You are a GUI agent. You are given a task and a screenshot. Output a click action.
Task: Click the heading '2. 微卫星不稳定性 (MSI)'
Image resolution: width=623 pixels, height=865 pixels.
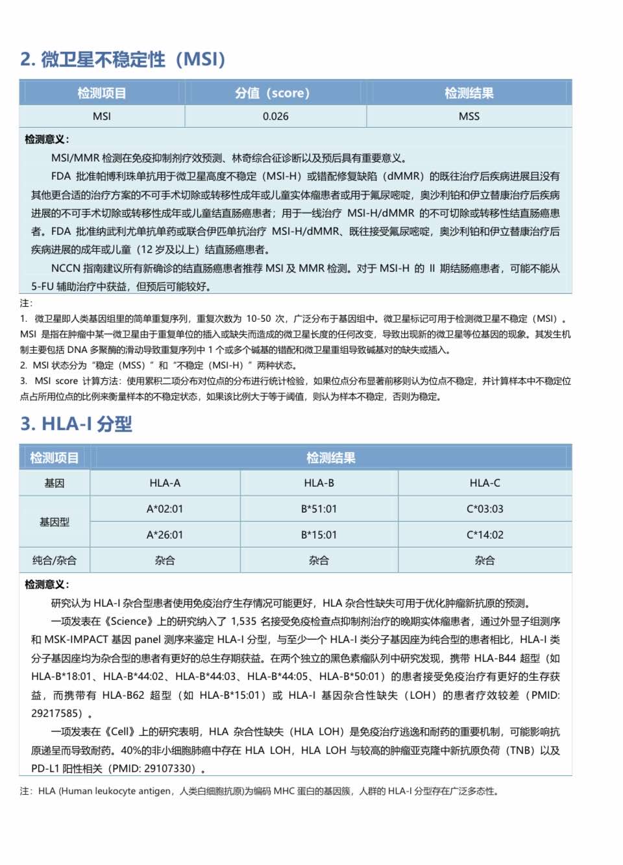pyautogui.click(x=123, y=60)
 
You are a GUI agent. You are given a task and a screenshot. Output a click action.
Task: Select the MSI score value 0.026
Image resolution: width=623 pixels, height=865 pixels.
pyautogui.click(x=276, y=116)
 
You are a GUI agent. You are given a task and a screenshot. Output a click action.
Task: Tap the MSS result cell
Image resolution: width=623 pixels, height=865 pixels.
pyautogui.click(x=469, y=116)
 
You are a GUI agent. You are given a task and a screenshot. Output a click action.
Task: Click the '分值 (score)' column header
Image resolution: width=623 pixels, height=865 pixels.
pyautogui.click(x=273, y=93)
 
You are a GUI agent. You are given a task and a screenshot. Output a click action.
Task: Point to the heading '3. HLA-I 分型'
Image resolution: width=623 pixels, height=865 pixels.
pyautogui.click(x=76, y=424)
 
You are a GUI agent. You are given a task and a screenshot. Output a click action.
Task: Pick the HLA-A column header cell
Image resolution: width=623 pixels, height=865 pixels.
pyautogui.click(x=165, y=483)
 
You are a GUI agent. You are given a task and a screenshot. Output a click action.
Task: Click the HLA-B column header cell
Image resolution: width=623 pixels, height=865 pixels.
pyautogui.click(x=319, y=483)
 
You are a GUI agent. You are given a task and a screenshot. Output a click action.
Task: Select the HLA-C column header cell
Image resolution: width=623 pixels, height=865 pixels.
pyautogui.click(x=485, y=483)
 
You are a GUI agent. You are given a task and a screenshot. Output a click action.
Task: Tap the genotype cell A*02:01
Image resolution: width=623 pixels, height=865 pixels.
pyautogui.click(x=165, y=509)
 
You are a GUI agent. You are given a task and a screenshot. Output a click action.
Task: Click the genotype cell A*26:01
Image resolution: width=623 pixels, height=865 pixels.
pyautogui.click(x=165, y=535)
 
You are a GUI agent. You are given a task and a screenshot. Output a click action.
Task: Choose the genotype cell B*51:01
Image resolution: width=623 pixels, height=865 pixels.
pyautogui.click(x=319, y=509)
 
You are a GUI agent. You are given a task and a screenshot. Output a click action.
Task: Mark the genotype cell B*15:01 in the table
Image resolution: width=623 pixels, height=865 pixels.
pyautogui.click(x=319, y=535)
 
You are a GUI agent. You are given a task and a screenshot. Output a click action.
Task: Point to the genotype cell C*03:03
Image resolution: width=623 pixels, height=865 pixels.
pyautogui.click(x=485, y=509)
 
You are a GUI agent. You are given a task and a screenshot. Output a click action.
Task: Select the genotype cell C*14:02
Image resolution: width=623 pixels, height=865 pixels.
pyautogui.click(x=485, y=535)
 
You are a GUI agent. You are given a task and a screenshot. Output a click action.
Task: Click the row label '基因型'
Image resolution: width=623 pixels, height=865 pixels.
pyautogui.click(x=55, y=522)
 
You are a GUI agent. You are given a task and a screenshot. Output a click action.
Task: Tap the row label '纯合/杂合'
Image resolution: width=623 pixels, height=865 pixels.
pyautogui.click(x=55, y=560)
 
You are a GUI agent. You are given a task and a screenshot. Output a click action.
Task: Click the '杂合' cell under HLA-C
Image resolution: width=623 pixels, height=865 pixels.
pyautogui.click(x=485, y=560)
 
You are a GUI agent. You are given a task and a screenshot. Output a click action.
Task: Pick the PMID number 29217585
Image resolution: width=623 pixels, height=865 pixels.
pyautogui.click(x=57, y=714)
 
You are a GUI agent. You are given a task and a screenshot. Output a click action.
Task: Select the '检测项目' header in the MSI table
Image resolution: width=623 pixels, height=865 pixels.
pyautogui.click(x=102, y=93)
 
